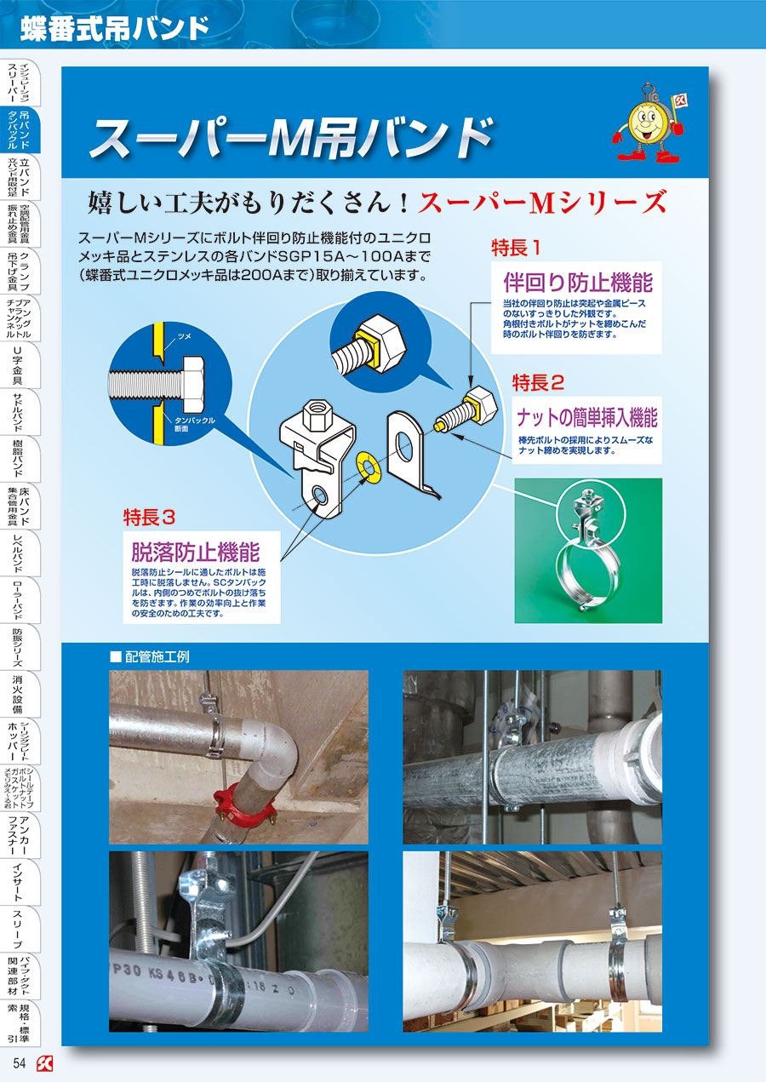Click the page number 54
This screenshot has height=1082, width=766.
[20, 1062]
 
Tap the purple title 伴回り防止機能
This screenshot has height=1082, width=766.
[578, 282]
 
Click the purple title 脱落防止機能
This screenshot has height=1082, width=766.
[195, 549]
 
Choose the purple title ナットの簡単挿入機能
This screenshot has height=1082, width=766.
[587, 418]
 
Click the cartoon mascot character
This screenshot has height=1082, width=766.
[648, 124]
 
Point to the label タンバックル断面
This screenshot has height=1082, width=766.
[194, 423]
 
